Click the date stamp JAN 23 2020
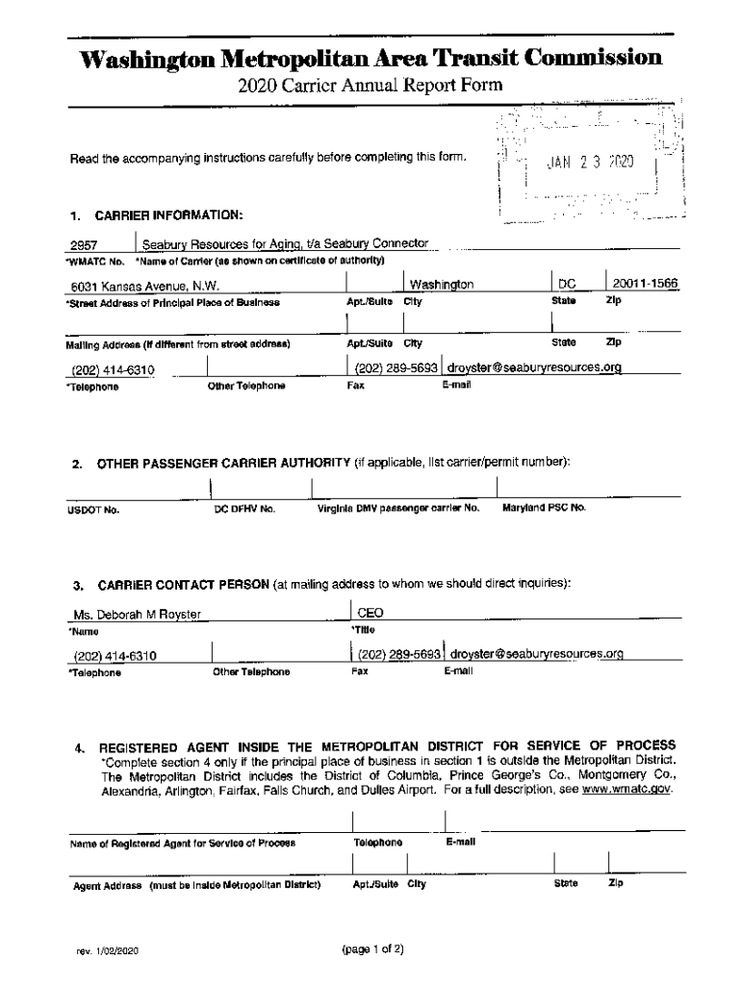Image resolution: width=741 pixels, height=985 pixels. click(591, 163)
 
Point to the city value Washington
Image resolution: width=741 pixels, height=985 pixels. click(442, 286)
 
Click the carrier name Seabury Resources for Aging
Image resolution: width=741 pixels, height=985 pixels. click(285, 244)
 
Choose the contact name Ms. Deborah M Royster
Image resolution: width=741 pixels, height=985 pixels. click(139, 616)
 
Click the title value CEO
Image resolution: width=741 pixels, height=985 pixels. click(370, 613)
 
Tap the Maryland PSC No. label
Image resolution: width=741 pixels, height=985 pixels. click(544, 507)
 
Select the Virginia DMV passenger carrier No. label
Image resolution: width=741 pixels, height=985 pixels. click(398, 507)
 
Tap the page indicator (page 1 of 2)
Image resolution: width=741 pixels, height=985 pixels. click(372, 948)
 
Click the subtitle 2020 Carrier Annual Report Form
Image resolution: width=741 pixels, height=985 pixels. click(370, 88)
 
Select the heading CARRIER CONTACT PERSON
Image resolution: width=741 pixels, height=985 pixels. click(182, 584)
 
